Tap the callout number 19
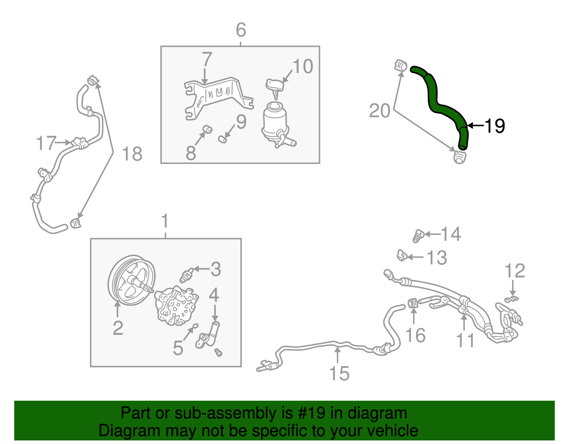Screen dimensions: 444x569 click(x=495, y=126)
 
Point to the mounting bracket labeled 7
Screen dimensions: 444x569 click(x=217, y=93)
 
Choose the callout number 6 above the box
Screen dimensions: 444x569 click(x=241, y=30)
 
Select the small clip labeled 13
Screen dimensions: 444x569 click(x=402, y=255)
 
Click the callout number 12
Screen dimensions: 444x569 click(x=515, y=271)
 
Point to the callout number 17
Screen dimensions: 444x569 click(x=46, y=143)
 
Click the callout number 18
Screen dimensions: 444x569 click(x=132, y=154)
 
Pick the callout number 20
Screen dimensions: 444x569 click(x=379, y=111)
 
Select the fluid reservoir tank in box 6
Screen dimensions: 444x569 click(x=274, y=123)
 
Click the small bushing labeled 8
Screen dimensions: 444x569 click(x=207, y=129)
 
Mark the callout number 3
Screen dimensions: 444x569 click(x=216, y=269)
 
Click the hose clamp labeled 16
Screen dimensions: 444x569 click(x=413, y=303)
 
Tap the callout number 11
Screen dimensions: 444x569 click(x=465, y=340)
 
